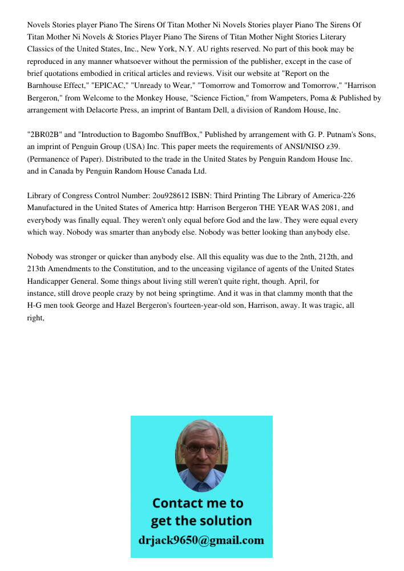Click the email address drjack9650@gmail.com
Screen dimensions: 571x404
point(201,540)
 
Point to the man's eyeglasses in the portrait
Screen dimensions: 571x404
point(201,449)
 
